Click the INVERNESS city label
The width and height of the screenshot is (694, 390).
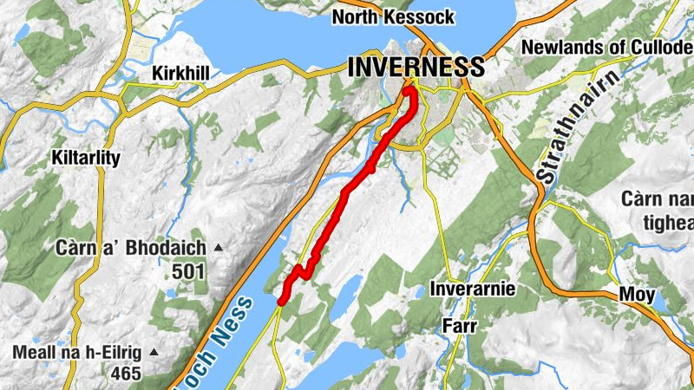416,67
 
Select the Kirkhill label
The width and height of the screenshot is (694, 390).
180,73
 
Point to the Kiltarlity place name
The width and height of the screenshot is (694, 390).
84,159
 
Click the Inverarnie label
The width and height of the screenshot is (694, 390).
474,289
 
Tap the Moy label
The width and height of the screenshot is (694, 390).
637,295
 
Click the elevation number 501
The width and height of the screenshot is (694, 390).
188,271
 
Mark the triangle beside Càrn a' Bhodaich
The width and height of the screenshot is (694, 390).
219,249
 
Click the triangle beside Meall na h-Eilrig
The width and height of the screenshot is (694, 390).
154,353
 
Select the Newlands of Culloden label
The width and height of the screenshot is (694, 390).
607,48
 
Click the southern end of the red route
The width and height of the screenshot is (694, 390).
282,300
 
